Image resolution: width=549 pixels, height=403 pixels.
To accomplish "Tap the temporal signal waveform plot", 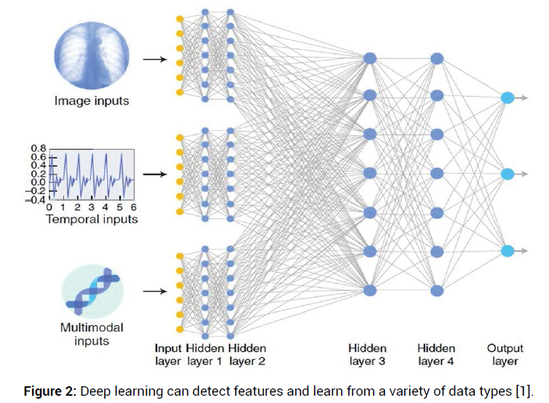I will (92, 175).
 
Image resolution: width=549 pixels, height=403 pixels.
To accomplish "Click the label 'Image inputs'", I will (92, 101).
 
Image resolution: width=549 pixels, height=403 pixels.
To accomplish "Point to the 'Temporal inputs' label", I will (92, 218).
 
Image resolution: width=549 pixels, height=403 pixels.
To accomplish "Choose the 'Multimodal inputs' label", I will (92, 334).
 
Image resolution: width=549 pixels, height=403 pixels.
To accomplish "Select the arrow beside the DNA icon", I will (153, 291).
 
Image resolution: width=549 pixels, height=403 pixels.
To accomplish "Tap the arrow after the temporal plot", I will (153, 175).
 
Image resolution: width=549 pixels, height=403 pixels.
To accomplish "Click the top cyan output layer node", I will (507, 97).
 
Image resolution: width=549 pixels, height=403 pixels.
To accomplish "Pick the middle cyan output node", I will (507, 174).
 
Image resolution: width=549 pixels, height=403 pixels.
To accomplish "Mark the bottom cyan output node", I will (507, 252).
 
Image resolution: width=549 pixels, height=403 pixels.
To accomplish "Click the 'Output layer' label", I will (505, 354).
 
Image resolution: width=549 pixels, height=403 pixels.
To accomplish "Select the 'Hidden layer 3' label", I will (367, 354).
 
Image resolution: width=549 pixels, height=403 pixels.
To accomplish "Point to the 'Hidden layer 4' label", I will (437, 354).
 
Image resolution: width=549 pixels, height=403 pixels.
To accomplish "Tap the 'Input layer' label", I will (168, 354).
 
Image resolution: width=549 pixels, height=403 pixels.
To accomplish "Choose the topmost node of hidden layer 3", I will (369, 58).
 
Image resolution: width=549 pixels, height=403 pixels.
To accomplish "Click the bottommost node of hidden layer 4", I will (437, 290).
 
